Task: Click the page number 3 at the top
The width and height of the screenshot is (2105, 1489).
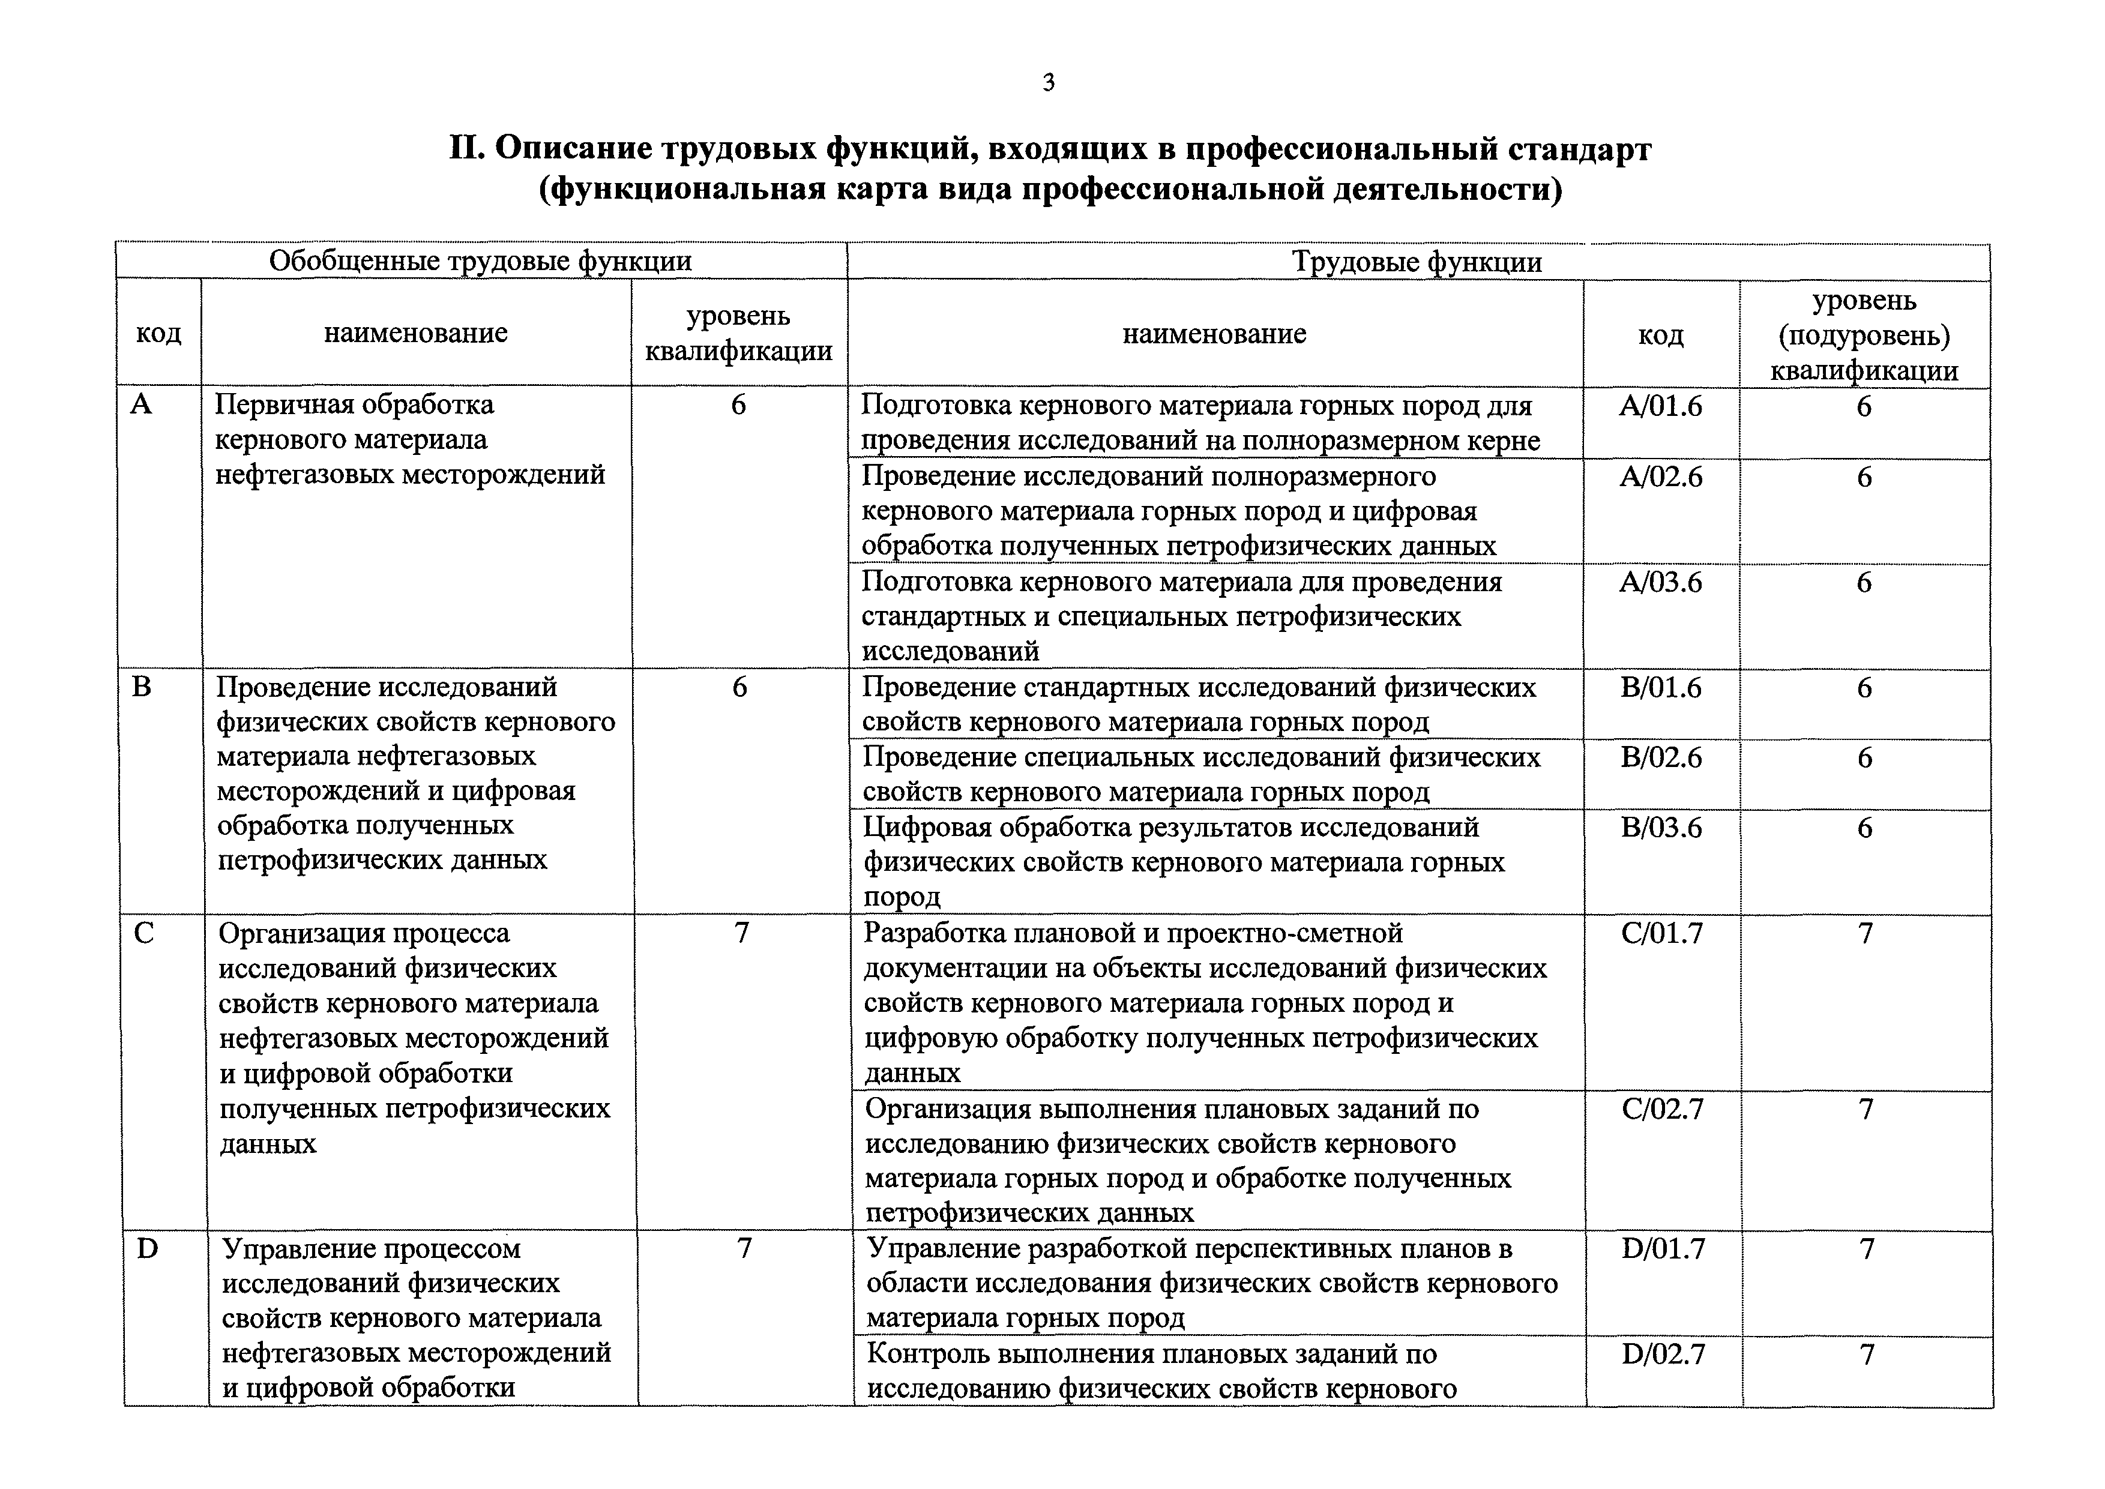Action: click(1049, 83)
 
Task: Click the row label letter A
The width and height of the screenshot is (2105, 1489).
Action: click(141, 405)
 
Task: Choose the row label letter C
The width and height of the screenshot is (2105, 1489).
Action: click(144, 933)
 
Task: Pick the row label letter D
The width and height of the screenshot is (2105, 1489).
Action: click(146, 1249)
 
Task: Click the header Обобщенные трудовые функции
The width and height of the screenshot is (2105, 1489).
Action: click(480, 261)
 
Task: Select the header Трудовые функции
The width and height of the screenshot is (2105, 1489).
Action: click(1417, 263)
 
